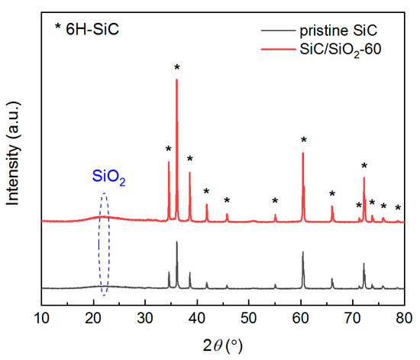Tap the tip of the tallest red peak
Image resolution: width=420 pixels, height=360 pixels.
177,79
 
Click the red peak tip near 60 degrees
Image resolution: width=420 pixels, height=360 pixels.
303,153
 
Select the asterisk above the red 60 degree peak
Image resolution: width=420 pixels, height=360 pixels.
304,141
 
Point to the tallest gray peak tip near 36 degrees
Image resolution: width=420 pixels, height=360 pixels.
177,242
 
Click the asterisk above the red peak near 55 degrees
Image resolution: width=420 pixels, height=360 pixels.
275,202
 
